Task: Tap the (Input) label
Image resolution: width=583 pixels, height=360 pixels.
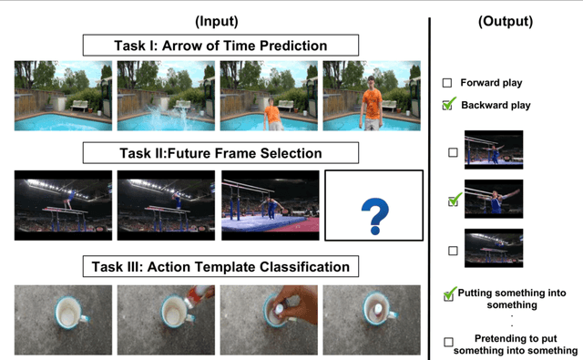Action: coord(218,21)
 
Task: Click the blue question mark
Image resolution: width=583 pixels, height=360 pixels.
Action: coord(373,218)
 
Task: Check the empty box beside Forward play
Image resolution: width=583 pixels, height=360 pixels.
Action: coord(447,83)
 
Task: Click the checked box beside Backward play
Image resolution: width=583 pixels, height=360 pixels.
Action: coord(447,106)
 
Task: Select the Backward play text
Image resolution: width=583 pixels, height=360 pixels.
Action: coord(496,106)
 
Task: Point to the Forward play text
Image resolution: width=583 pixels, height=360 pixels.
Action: coord(491,83)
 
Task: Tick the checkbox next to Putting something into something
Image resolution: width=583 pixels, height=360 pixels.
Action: coord(448,294)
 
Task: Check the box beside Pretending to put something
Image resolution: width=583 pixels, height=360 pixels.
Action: coord(447,342)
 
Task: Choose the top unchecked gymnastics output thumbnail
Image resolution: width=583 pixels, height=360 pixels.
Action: coord(494,149)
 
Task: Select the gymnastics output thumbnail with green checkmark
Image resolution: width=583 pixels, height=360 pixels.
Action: coord(494,198)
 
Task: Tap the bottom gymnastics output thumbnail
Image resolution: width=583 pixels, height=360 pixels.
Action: coord(494,247)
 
